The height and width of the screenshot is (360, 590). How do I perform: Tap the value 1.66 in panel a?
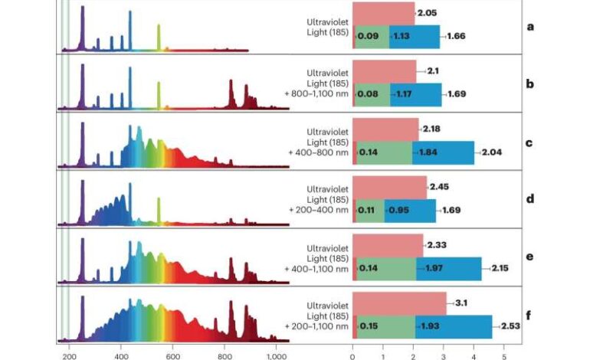(x=457, y=36)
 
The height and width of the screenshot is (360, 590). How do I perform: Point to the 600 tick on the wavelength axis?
(x=172, y=355)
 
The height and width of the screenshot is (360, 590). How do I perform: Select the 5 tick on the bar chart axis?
(x=503, y=355)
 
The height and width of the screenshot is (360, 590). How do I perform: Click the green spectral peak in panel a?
(x=159, y=37)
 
